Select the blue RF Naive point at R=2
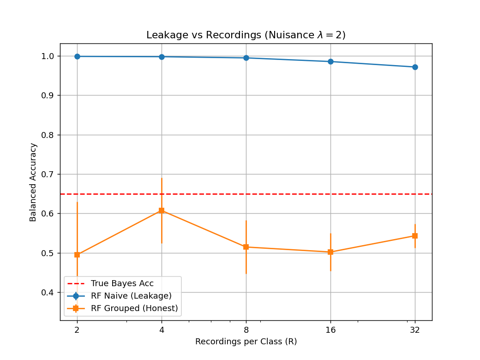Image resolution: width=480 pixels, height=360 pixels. (x=77, y=56)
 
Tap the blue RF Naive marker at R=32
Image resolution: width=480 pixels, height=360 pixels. (x=415, y=67)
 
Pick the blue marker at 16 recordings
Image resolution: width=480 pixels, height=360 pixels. (x=330, y=61)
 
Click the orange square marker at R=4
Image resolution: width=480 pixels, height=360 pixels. (x=162, y=210)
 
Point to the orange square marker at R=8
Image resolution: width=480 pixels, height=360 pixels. (x=246, y=247)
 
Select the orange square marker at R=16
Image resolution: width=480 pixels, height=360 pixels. (x=330, y=252)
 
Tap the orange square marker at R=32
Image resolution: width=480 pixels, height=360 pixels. (x=415, y=236)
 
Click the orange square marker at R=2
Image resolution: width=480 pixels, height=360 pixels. (x=77, y=255)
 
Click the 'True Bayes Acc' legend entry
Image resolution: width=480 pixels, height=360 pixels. (x=122, y=283)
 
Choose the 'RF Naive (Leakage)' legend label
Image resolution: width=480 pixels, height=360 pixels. (x=131, y=296)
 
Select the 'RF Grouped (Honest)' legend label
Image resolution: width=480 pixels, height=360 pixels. (x=134, y=308)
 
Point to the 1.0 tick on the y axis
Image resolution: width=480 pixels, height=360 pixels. (x=48, y=56)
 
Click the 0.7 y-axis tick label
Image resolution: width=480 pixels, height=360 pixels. (x=48, y=174)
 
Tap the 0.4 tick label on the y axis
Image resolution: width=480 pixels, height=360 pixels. (x=48, y=293)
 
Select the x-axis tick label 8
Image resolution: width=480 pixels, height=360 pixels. (x=246, y=330)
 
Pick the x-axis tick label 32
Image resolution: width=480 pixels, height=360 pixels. (x=415, y=330)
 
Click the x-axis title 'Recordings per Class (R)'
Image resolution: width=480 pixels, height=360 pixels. (x=246, y=342)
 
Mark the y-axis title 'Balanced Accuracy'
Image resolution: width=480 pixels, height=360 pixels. (x=33, y=182)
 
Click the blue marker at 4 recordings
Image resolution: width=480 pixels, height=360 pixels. (x=162, y=57)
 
